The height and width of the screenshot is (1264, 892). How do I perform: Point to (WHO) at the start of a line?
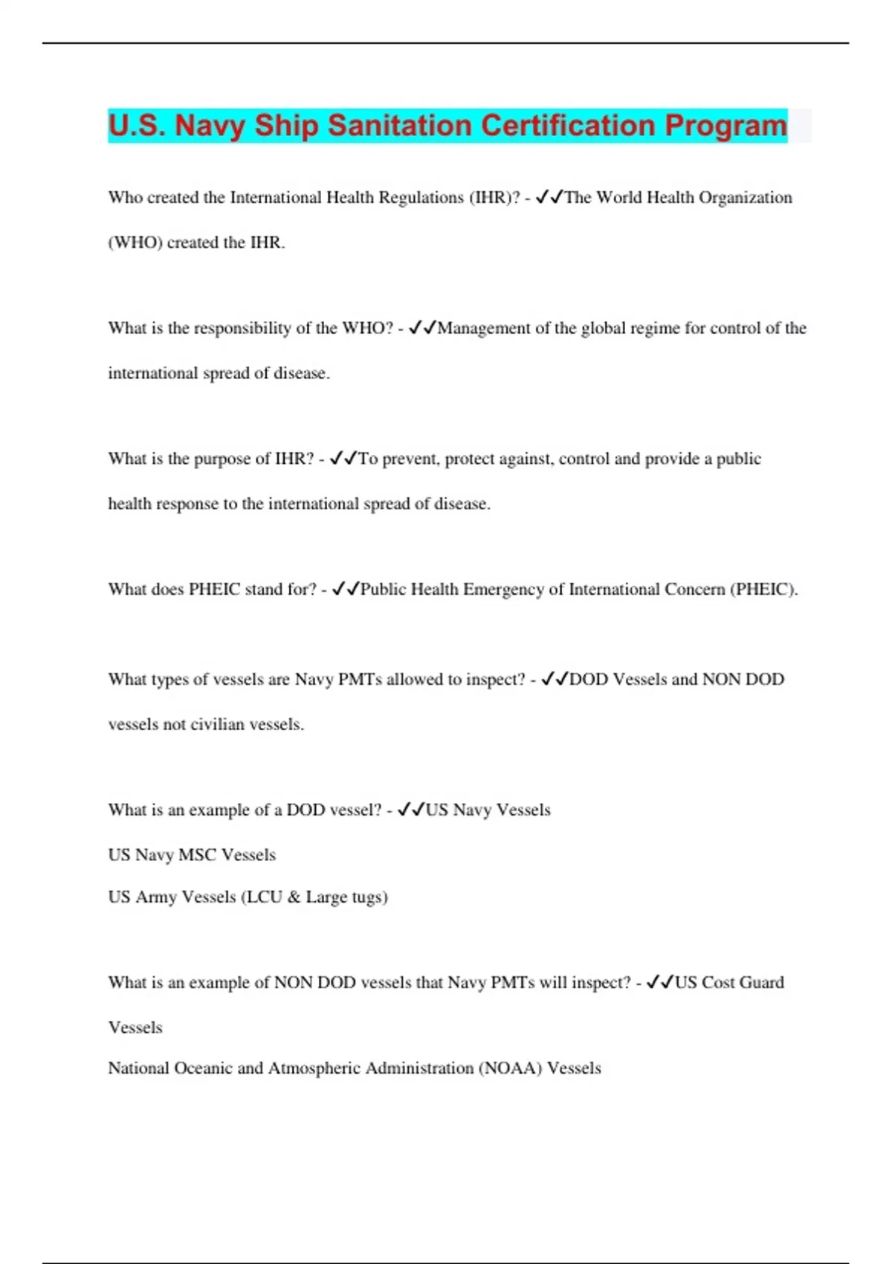135,242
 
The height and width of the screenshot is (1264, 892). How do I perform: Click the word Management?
484,329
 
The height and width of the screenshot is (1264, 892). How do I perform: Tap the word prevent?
408,459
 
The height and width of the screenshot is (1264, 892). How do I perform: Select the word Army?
156,897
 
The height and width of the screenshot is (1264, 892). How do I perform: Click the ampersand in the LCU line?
294,897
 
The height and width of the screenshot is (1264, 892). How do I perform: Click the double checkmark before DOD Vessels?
555,680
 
